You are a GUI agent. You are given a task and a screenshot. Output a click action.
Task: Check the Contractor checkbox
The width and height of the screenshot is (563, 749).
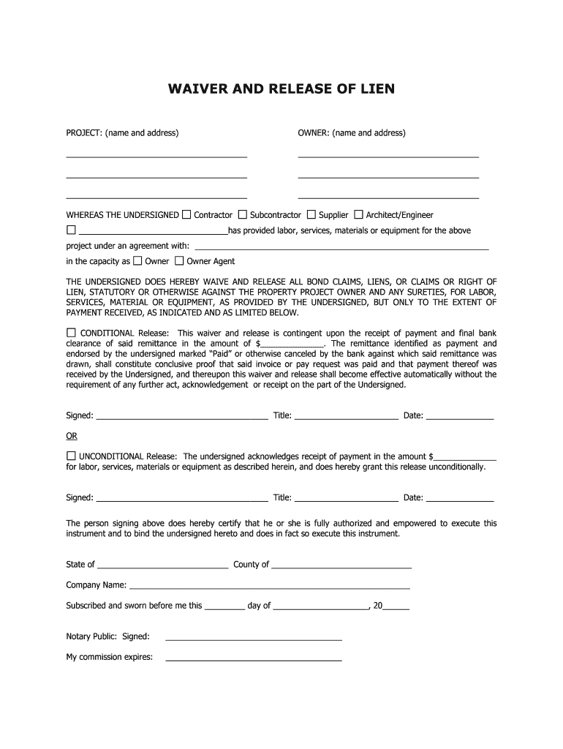pyautogui.click(x=186, y=214)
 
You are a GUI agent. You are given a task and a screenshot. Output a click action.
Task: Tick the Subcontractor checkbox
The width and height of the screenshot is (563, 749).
pyautogui.click(x=243, y=214)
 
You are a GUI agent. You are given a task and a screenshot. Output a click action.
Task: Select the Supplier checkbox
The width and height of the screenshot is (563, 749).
pyautogui.click(x=311, y=214)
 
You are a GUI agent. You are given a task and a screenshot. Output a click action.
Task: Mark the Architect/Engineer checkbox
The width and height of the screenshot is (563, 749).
pyautogui.click(x=359, y=214)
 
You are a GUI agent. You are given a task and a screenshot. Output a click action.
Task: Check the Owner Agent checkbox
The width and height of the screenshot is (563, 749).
pyautogui.click(x=180, y=260)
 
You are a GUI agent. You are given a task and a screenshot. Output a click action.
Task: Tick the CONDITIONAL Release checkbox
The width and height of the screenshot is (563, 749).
pyautogui.click(x=72, y=332)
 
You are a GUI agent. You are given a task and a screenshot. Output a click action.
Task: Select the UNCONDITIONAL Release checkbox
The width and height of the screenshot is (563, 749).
pyautogui.click(x=72, y=455)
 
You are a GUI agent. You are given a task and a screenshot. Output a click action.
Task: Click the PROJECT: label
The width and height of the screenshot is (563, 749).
pyautogui.click(x=84, y=132)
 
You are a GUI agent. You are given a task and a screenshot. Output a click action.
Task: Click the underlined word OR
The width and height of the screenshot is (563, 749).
pyautogui.click(x=72, y=436)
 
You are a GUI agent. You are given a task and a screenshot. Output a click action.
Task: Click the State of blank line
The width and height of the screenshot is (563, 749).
pyautogui.click(x=162, y=565)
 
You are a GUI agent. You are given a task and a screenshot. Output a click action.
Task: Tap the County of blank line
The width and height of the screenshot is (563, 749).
pyautogui.click(x=341, y=565)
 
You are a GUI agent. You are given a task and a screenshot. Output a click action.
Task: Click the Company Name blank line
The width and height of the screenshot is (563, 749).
pyautogui.click(x=269, y=586)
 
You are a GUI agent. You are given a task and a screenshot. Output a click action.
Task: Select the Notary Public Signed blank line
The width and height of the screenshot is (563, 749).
pyautogui.click(x=254, y=638)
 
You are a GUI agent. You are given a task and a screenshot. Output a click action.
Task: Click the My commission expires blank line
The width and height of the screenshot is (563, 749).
pyautogui.click(x=254, y=658)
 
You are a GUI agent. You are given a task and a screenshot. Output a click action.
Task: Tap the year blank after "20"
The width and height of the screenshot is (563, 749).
pyautogui.click(x=396, y=606)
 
